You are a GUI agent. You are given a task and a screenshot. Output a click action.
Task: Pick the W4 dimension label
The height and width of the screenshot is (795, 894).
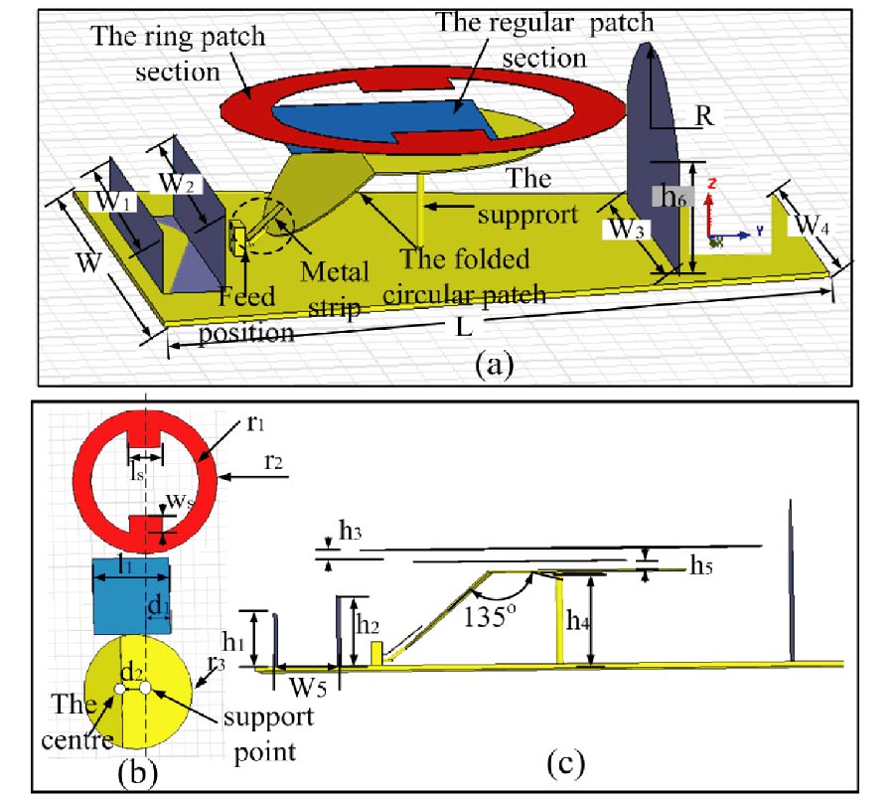811,225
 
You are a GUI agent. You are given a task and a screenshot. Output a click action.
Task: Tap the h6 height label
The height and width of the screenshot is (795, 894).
673,197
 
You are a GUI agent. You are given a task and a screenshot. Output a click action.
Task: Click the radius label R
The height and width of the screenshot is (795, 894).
704,115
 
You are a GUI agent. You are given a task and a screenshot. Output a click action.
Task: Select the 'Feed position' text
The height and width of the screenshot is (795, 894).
246,313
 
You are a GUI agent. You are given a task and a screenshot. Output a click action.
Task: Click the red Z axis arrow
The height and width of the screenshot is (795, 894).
710,203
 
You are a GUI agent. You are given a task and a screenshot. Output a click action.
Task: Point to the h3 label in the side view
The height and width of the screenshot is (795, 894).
350,532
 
